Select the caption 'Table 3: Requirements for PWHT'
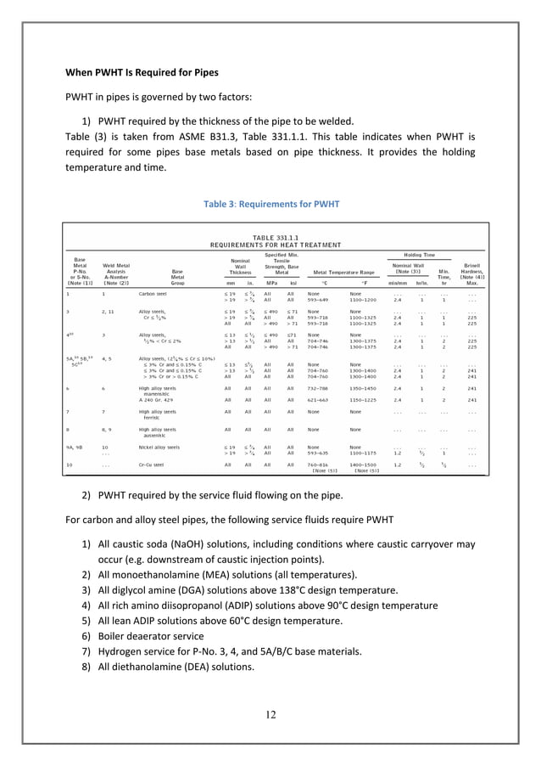coord(270,204)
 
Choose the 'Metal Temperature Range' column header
coord(338,272)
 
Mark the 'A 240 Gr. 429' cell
coord(161,399)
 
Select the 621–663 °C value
coord(319,399)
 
